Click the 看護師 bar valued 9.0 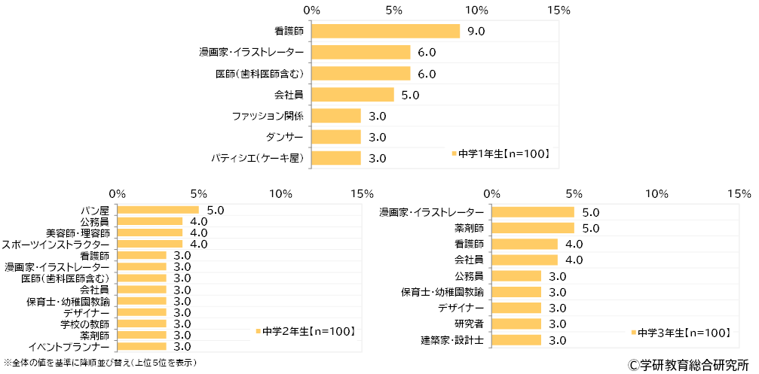(x=385, y=31)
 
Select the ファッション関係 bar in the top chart (x=336, y=116)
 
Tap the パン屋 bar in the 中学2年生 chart (x=158, y=209)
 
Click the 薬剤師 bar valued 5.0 (x=533, y=227)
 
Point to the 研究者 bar (x=516, y=324)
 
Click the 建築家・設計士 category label (x=453, y=340)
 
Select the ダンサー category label (x=285, y=137)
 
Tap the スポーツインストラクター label (x=56, y=244)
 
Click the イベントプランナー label (x=69, y=346)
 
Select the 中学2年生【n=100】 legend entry (x=305, y=331)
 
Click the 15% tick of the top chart (x=558, y=11)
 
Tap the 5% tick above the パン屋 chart (x=199, y=193)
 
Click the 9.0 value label (x=476, y=32)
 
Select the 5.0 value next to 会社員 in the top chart (x=410, y=95)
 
